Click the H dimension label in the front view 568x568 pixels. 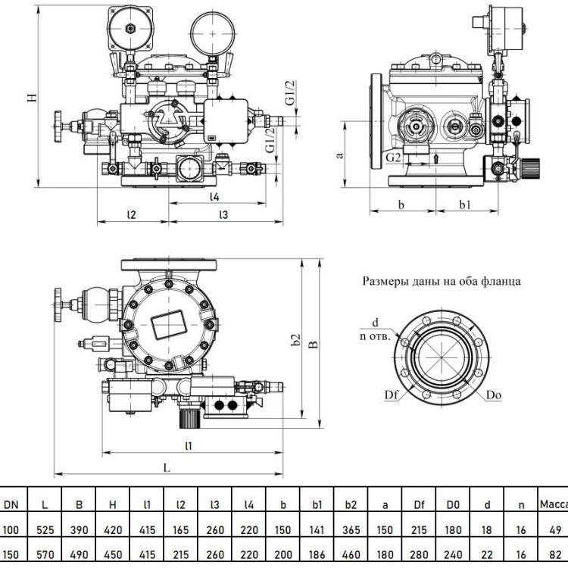[33, 98]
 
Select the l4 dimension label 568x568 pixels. [215, 197]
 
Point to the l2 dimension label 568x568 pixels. [132, 214]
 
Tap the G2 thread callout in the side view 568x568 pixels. [393, 158]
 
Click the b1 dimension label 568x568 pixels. [465, 204]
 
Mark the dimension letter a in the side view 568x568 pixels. [339, 155]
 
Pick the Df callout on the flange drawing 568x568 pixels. [392, 395]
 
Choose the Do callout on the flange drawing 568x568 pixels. [494, 395]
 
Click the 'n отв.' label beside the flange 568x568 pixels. [376, 336]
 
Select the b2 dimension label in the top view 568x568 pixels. [296, 339]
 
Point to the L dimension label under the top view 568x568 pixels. [167, 468]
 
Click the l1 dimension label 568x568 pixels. [189, 445]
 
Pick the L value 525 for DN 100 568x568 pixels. [45, 530]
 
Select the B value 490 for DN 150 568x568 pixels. [79, 554]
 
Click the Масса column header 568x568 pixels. [554, 504]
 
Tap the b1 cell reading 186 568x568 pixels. [317, 554]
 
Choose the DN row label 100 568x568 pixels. [11, 530]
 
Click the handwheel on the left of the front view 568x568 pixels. [58, 126]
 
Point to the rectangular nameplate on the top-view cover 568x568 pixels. [168, 324]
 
